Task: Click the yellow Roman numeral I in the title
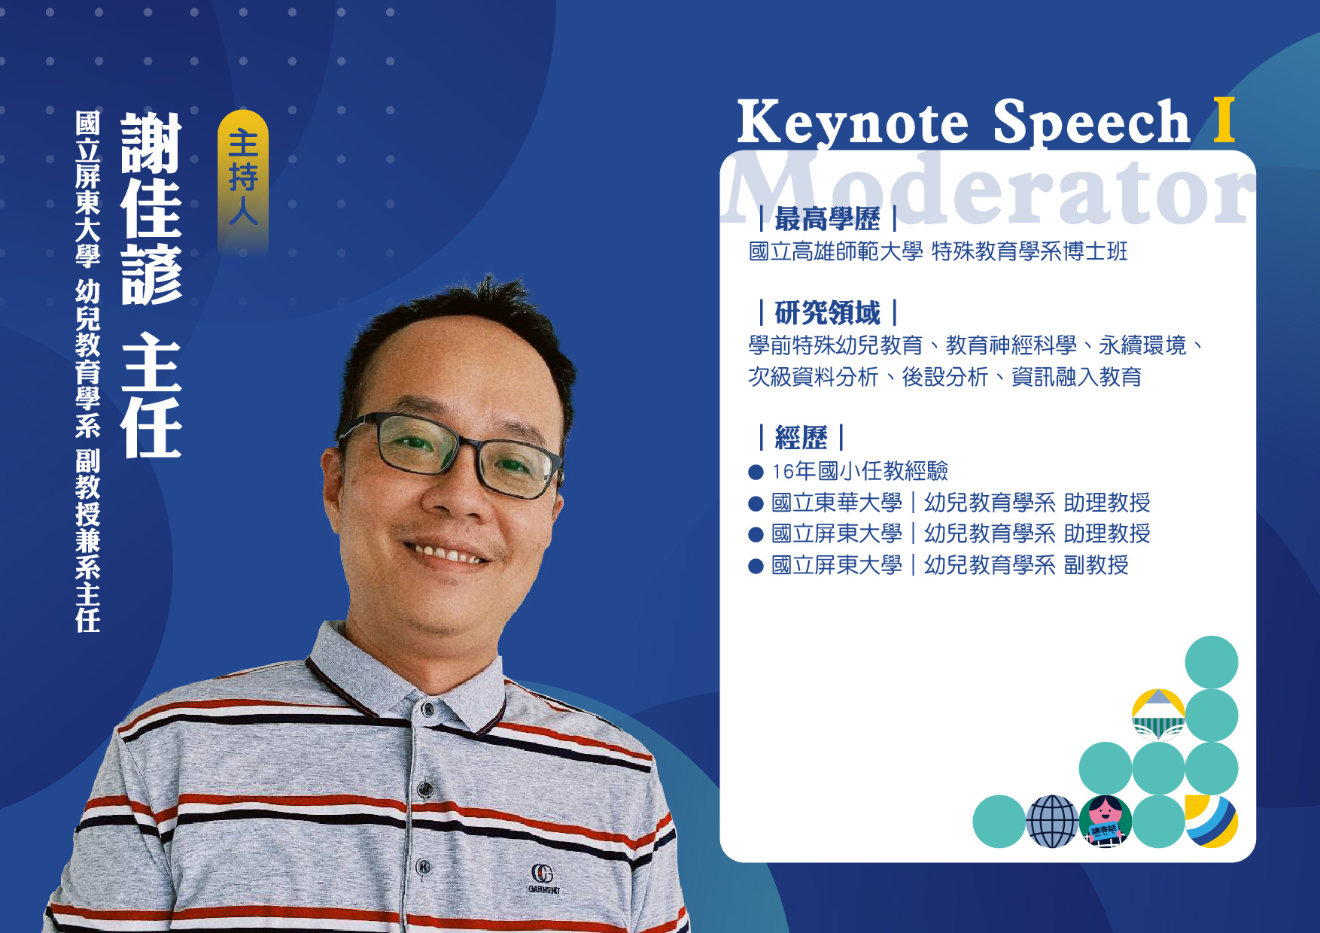click(1224, 120)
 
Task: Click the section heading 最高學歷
click(827, 219)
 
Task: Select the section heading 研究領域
click(827, 312)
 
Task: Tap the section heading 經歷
click(801, 437)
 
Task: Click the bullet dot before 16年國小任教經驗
click(756, 473)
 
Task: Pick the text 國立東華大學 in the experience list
click(837, 502)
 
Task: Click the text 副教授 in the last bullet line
click(1096, 564)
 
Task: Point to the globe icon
click(1052, 822)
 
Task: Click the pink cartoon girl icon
click(1106, 822)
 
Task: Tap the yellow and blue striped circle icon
click(1212, 822)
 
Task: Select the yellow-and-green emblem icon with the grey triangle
click(1159, 715)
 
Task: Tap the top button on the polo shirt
click(428, 709)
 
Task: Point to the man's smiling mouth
click(446, 554)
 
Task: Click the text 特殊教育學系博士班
click(1030, 251)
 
